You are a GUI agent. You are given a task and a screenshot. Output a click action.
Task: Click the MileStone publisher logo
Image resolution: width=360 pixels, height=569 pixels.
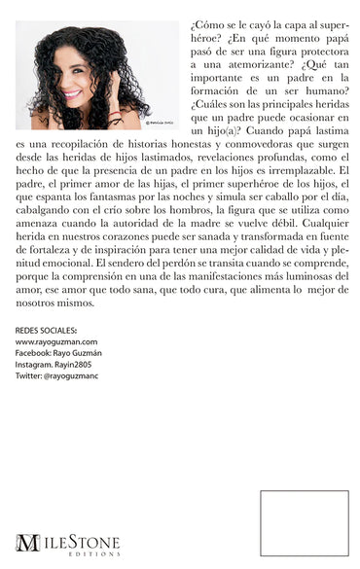pyautogui.click(x=68, y=540)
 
